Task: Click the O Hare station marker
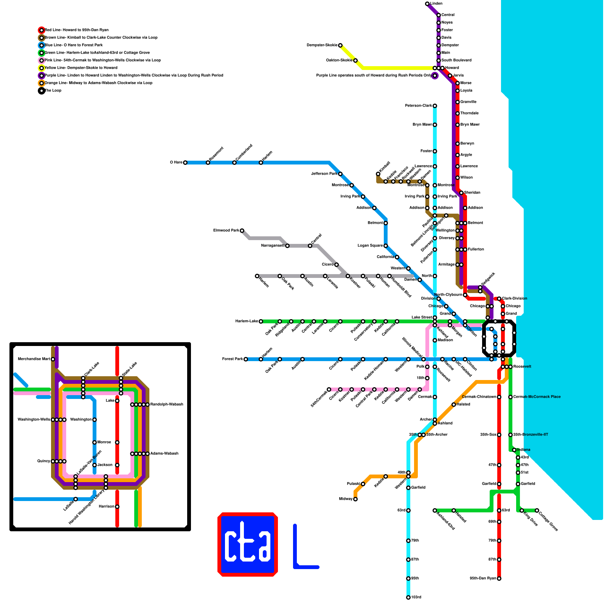(185, 163)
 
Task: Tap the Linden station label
(436, 4)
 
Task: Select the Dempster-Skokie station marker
(340, 45)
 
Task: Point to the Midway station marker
(355, 499)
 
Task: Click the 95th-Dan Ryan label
(483, 579)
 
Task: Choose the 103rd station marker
(408, 597)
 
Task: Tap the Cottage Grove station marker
(537, 510)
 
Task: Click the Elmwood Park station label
(226, 231)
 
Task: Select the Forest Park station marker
(246, 359)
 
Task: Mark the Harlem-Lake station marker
(261, 321)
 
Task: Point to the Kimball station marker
(378, 174)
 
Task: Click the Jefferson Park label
(324, 174)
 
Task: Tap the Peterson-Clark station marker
(435, 106)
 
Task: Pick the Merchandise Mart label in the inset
(34, 359)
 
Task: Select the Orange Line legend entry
(98, 83)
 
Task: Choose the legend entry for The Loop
(53, 91)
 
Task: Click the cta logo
(248, 544)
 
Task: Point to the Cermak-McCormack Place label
(537, 397)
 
